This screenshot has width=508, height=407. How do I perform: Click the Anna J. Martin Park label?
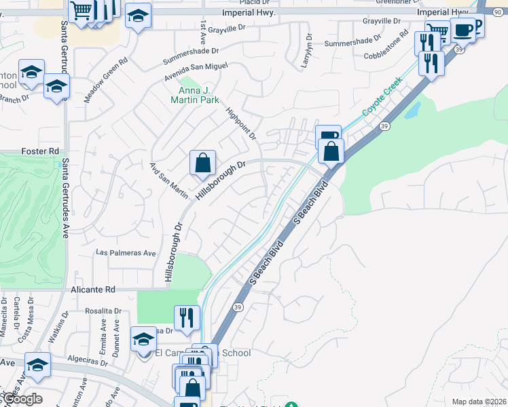198,95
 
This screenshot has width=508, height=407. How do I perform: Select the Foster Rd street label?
37,151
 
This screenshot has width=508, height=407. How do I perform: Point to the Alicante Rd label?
93,289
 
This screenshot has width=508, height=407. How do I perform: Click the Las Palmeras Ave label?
126,253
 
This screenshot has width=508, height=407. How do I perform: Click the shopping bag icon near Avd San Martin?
203,163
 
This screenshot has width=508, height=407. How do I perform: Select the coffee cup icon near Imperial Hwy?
462,30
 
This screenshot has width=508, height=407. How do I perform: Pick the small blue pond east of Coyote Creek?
412,111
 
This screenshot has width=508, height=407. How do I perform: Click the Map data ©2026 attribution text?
479,402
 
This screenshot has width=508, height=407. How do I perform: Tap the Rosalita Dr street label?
103,311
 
